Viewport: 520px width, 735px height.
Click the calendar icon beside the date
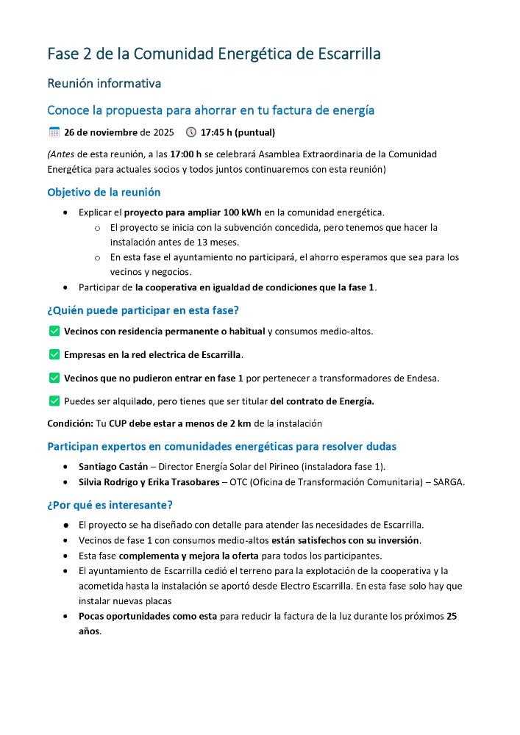tap(54, 132)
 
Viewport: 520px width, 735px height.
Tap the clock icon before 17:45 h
tap(191, 132)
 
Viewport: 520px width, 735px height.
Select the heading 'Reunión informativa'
tap(104, 84)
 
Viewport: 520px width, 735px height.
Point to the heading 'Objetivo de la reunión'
tap(104, 193)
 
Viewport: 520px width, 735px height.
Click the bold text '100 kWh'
tap(242, 212)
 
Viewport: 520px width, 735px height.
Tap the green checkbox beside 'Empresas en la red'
tap(54, 355)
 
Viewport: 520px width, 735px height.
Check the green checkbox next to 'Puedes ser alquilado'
tap(54, 401)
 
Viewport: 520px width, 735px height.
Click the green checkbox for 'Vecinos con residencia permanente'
tap(54, 331)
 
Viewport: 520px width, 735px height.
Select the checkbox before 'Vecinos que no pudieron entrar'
tap(54, 378)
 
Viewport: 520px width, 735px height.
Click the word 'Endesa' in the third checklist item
tap(422, 379)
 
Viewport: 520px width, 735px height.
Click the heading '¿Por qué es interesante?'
tap(110, 505)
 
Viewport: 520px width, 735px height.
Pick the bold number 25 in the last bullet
tap(452, 616)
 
